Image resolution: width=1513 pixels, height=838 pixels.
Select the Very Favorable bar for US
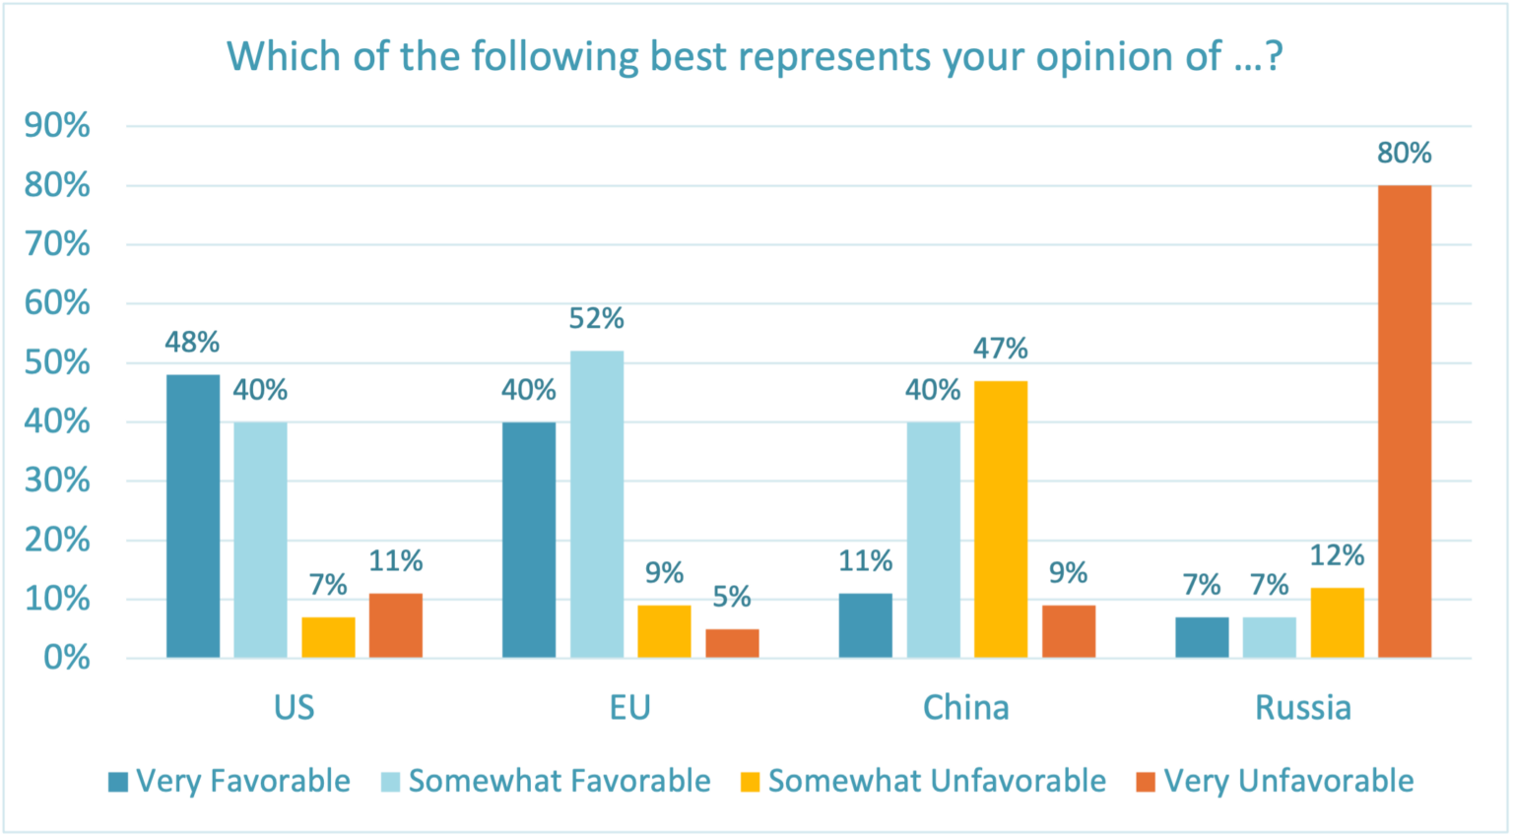coord(193,516)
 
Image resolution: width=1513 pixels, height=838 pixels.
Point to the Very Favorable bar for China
coord(866,625)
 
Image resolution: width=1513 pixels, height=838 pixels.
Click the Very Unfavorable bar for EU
coord(732,643)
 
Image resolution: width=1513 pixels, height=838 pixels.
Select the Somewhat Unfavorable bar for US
coord(328,637)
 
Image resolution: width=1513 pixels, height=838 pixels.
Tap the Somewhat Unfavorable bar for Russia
coord(1337,622)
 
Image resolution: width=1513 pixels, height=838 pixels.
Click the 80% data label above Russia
coord(1405,154)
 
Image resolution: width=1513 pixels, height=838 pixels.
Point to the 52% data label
coord(597,319)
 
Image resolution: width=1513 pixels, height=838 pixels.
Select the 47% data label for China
coord(1001,349)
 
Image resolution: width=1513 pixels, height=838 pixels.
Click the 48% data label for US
coord(193,343)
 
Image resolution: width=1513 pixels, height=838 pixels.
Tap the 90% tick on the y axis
coord(57,126)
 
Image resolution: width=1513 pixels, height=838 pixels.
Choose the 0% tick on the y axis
coord(66,658)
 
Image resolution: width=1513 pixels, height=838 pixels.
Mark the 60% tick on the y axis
coord(57,303)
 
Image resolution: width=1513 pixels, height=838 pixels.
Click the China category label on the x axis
coord(965,708)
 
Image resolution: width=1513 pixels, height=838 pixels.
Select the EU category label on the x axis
coord(630,708)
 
